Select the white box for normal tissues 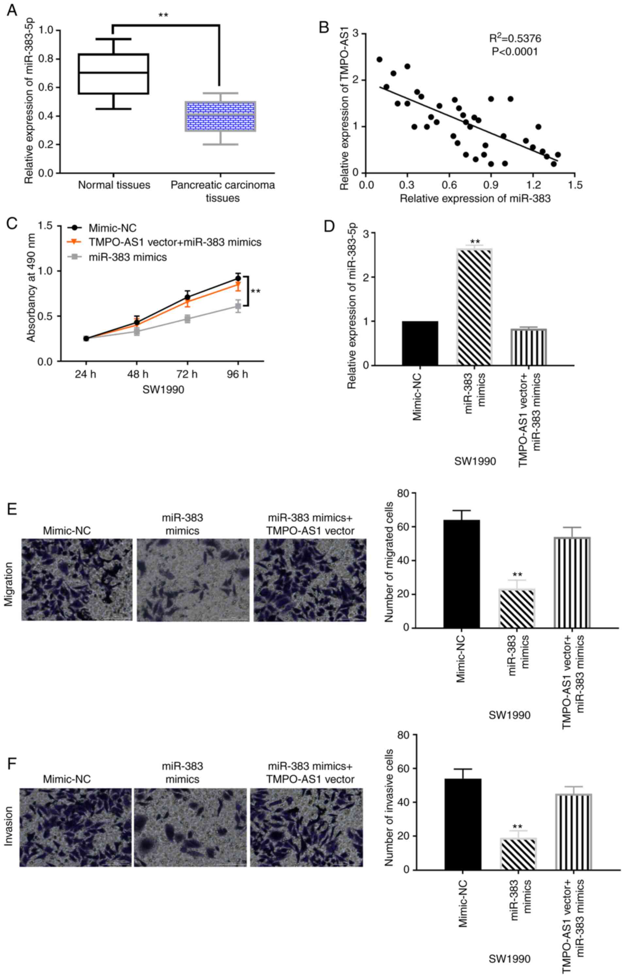(114, 74)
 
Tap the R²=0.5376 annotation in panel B (515, 38)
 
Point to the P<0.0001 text (515, 52)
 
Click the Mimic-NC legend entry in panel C (112, 228)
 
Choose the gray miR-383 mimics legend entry (127, 257)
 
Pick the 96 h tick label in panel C (238, 374)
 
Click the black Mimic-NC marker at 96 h (238, 278)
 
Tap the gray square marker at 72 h (188, 319)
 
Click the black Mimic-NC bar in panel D (420, 343)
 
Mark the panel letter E (12, 509)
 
